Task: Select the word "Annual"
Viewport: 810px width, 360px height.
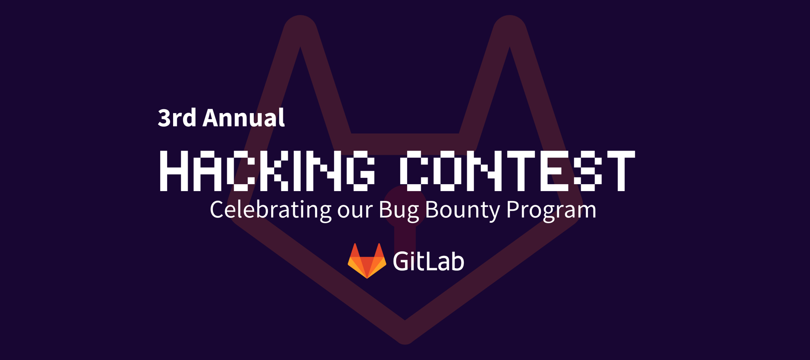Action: pyautogui.click(x=244, y=117)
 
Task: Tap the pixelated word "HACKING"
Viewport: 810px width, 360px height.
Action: pyautogui.click(x=267, y=171)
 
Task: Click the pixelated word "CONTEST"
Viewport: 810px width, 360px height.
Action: pyautogui.click(x=517, y=171)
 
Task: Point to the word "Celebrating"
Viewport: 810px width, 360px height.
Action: pyautogui.click(x=271, y=209)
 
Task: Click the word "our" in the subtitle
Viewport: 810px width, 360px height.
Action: pyautogui.click(x=355, y=211)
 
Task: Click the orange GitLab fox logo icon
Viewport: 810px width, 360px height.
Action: pyautogui.click(x=367, y=261)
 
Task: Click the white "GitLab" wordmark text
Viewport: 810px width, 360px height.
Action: pyautogui.click(x=428, y=261)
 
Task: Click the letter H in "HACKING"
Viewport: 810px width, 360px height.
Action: pyautogui.click(x=174, y=171)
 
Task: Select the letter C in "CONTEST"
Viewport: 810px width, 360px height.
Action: pyautogui.click(x=414, y=171)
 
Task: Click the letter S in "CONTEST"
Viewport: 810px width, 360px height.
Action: pyautogui.click(x=588, y=171)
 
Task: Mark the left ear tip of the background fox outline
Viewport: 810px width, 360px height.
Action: pyautogui.click(x=301, y=17)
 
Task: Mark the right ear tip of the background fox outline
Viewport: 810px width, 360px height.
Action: pyautogui.click(x=509, y=17)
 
